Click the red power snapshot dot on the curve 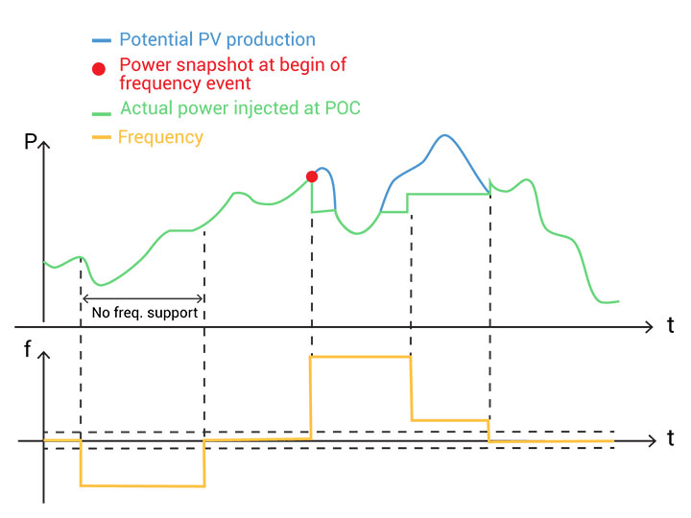pyautogui.click(x=311, y=176)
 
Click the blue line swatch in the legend pyautogui.click(x=101, y=41)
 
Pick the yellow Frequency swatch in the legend pyautogui.click(x=101, y=138)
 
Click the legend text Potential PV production pyautogui.click(x=217, y=40)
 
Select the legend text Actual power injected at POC pyautogui.click(x=240, y=108)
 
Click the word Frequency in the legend pyautogui.click(x=160, y=137)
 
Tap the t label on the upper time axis pyautogui.click(x=670, y=325)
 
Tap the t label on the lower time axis pyautogui.click(x=670, y=439)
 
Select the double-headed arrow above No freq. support pyautogui.click(x=143, y=297)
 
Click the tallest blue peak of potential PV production pyautogui.click(x=442, y=136)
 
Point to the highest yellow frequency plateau pyautogui.click(x=361, y=357)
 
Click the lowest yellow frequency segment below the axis pyautogui.click(x=143, y=485)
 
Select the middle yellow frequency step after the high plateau pyautogui.click(x=450, y=419)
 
